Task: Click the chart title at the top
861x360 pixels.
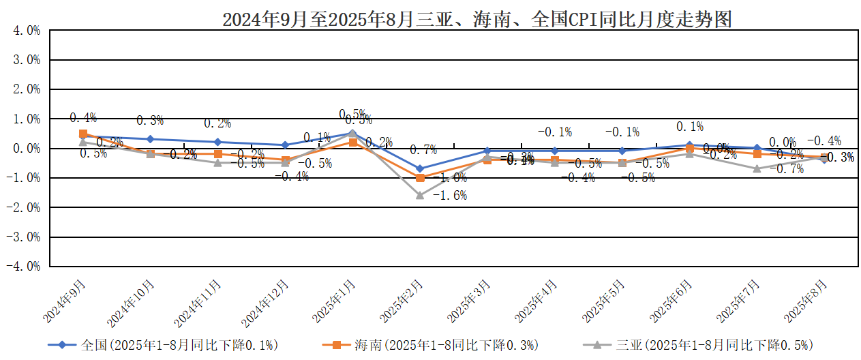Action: pyautogui.click(x=477, y=19)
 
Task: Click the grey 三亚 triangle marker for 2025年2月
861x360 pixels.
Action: pyautogui.click(x=420, y=195)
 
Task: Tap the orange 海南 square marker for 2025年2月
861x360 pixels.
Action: pyautogui.click(x=420, y=178)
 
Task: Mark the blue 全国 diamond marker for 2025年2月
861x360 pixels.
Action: pyautogui.click(x=420, y=168)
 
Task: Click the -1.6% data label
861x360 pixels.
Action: pyautogui.click(x=450, y=196)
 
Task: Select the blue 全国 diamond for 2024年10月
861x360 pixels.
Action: pyautogui.click(x=151, y=139)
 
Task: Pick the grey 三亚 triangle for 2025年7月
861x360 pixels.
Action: pyautogui.click(x=757, y=168)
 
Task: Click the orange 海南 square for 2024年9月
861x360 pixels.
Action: pyautogui.click(x=83, y=134)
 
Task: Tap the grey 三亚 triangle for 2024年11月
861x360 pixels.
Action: pyautogui.click(x=217, y=162)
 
